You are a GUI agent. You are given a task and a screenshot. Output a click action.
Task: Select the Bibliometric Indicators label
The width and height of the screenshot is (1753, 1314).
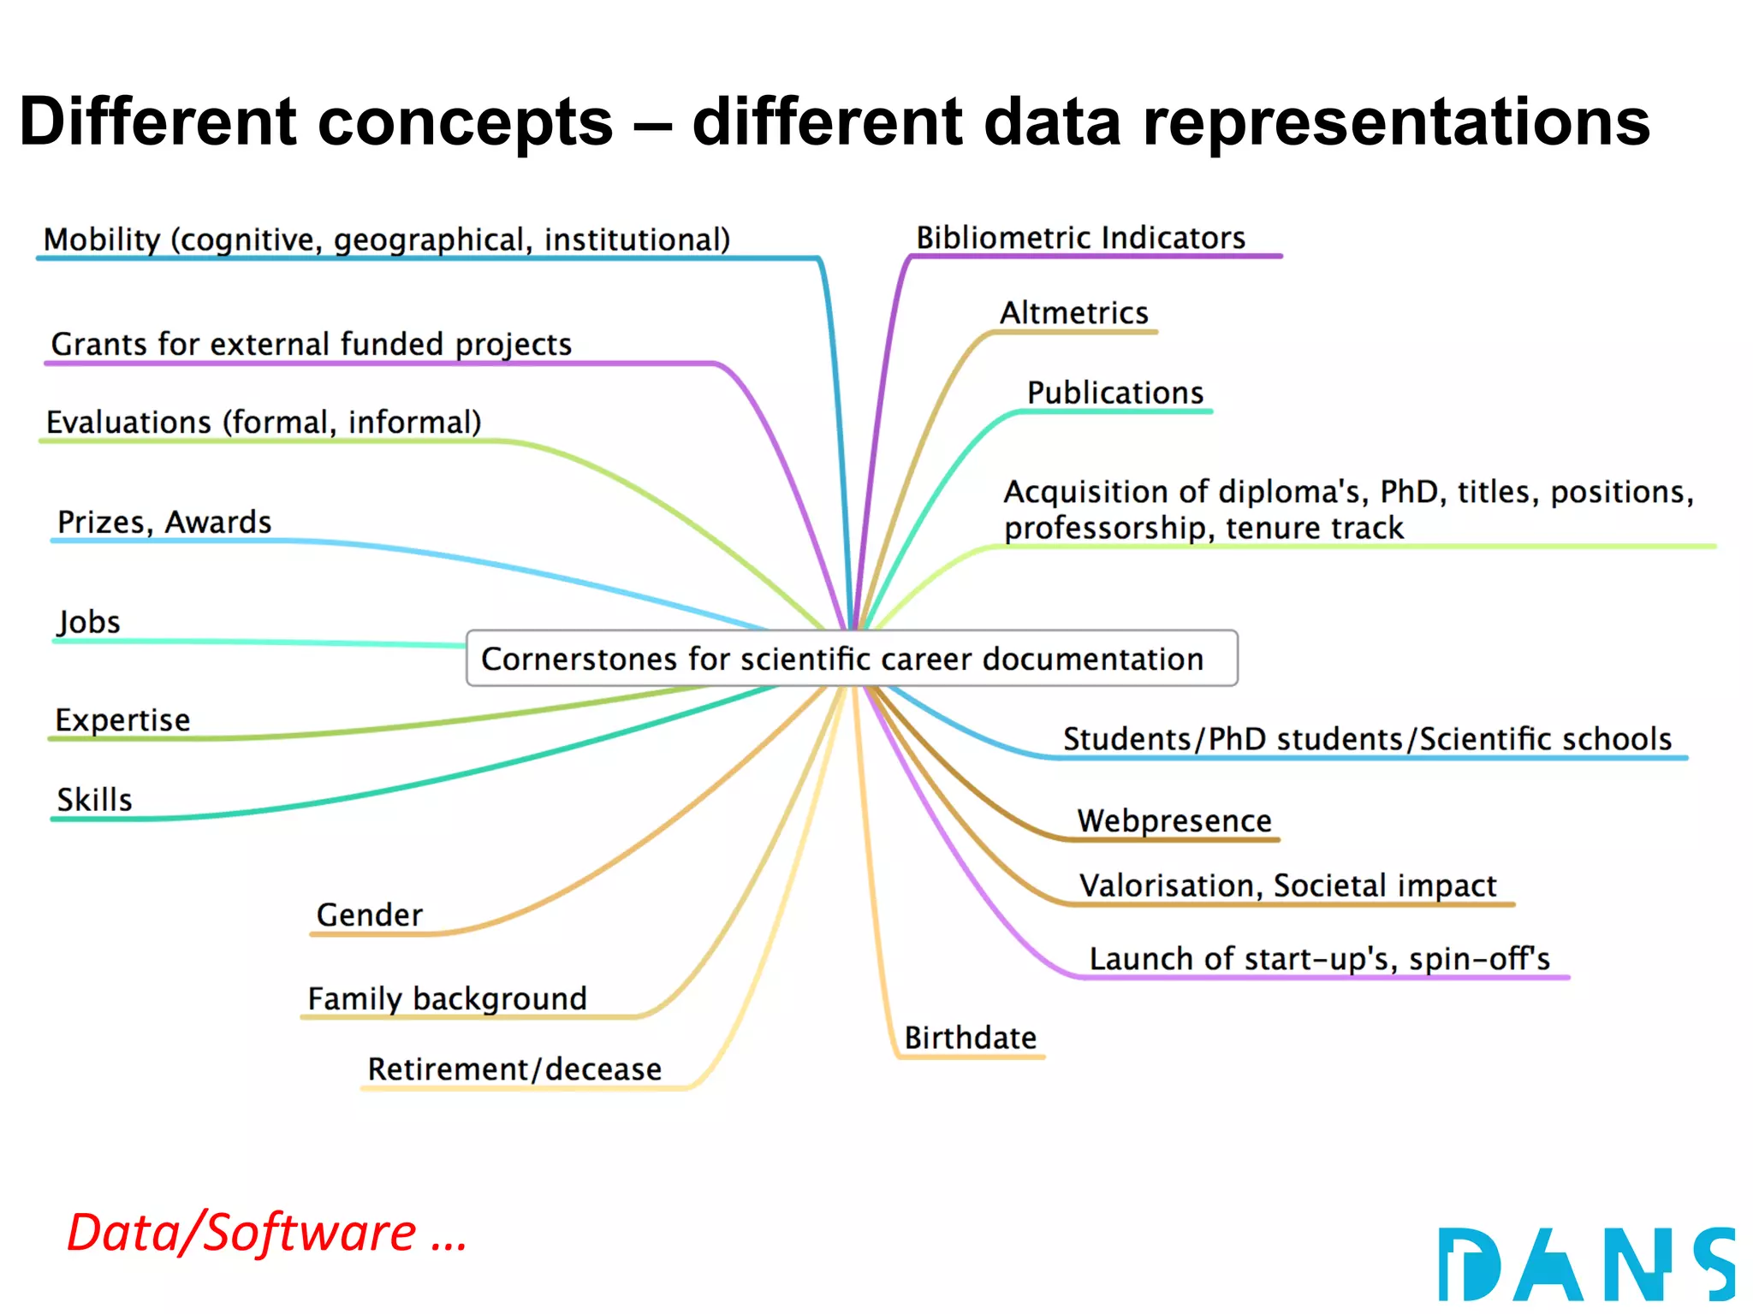click(1080, 238)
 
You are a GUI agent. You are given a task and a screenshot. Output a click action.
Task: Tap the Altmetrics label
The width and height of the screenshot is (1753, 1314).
click(1073, 313)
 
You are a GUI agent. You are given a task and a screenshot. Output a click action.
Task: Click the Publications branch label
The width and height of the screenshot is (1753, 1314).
click(1114, 393)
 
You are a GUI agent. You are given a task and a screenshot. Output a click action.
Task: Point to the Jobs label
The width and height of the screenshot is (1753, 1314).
click(88, 622)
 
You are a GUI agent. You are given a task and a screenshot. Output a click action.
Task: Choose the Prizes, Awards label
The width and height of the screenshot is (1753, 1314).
click(164, 522)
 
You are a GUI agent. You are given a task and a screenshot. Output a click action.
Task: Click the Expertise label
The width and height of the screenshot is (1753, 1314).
click(122, 720)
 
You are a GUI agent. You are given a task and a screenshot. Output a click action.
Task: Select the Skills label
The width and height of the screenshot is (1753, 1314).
click(94, 800)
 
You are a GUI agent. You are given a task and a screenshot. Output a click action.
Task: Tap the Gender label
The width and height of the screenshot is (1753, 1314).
click(369, 915)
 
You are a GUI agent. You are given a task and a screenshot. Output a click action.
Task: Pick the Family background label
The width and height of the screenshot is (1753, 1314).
click(447, 998)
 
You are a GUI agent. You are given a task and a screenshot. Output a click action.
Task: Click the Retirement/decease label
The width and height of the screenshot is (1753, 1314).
click(514, 1069)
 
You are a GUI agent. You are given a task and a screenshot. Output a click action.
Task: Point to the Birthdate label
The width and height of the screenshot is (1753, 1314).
click(970, 1038)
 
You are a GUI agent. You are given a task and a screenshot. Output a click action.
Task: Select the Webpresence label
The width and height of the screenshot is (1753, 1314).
click(1174, 820)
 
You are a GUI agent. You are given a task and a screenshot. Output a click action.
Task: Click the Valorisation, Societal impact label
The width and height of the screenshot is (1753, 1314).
click(1287, 885)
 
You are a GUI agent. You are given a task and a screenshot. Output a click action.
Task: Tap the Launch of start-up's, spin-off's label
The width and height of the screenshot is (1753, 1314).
click(1319, 959)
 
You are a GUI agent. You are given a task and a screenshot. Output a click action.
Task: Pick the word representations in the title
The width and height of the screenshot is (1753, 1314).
click(1396, 121)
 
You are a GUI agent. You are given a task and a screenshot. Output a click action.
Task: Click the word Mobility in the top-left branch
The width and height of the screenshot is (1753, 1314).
click(102, 240)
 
